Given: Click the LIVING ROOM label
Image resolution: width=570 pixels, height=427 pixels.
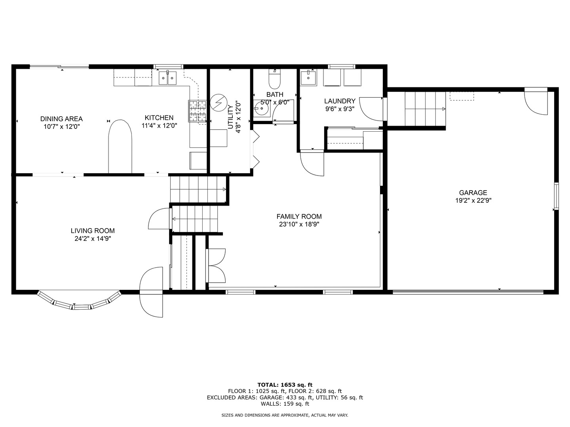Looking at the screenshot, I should [x=93, y=231].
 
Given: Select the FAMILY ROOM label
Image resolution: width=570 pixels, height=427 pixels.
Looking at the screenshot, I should [x=299, y=216].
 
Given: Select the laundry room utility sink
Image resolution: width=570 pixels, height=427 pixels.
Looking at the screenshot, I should [x=308, y=77].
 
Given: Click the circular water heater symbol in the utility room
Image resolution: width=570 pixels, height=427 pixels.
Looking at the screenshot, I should [x=217, y=103].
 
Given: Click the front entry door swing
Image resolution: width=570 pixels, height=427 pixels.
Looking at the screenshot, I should [x=152, y=293].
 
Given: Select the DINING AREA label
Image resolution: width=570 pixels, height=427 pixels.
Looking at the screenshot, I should [x=61, y=119].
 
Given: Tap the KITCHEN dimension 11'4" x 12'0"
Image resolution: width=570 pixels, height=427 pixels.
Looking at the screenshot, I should [x=159, y=126].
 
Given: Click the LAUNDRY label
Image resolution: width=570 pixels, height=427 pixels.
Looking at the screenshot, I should [x=340, y=101].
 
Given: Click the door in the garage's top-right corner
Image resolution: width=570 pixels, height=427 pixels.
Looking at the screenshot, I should [x=536, y=102].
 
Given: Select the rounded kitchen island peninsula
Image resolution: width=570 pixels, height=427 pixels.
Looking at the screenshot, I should [x=120, y=146].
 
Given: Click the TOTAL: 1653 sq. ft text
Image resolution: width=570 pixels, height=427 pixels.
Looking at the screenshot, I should [x=285, y=384].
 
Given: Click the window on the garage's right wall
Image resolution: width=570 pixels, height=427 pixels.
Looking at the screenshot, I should [x=556, y=196].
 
